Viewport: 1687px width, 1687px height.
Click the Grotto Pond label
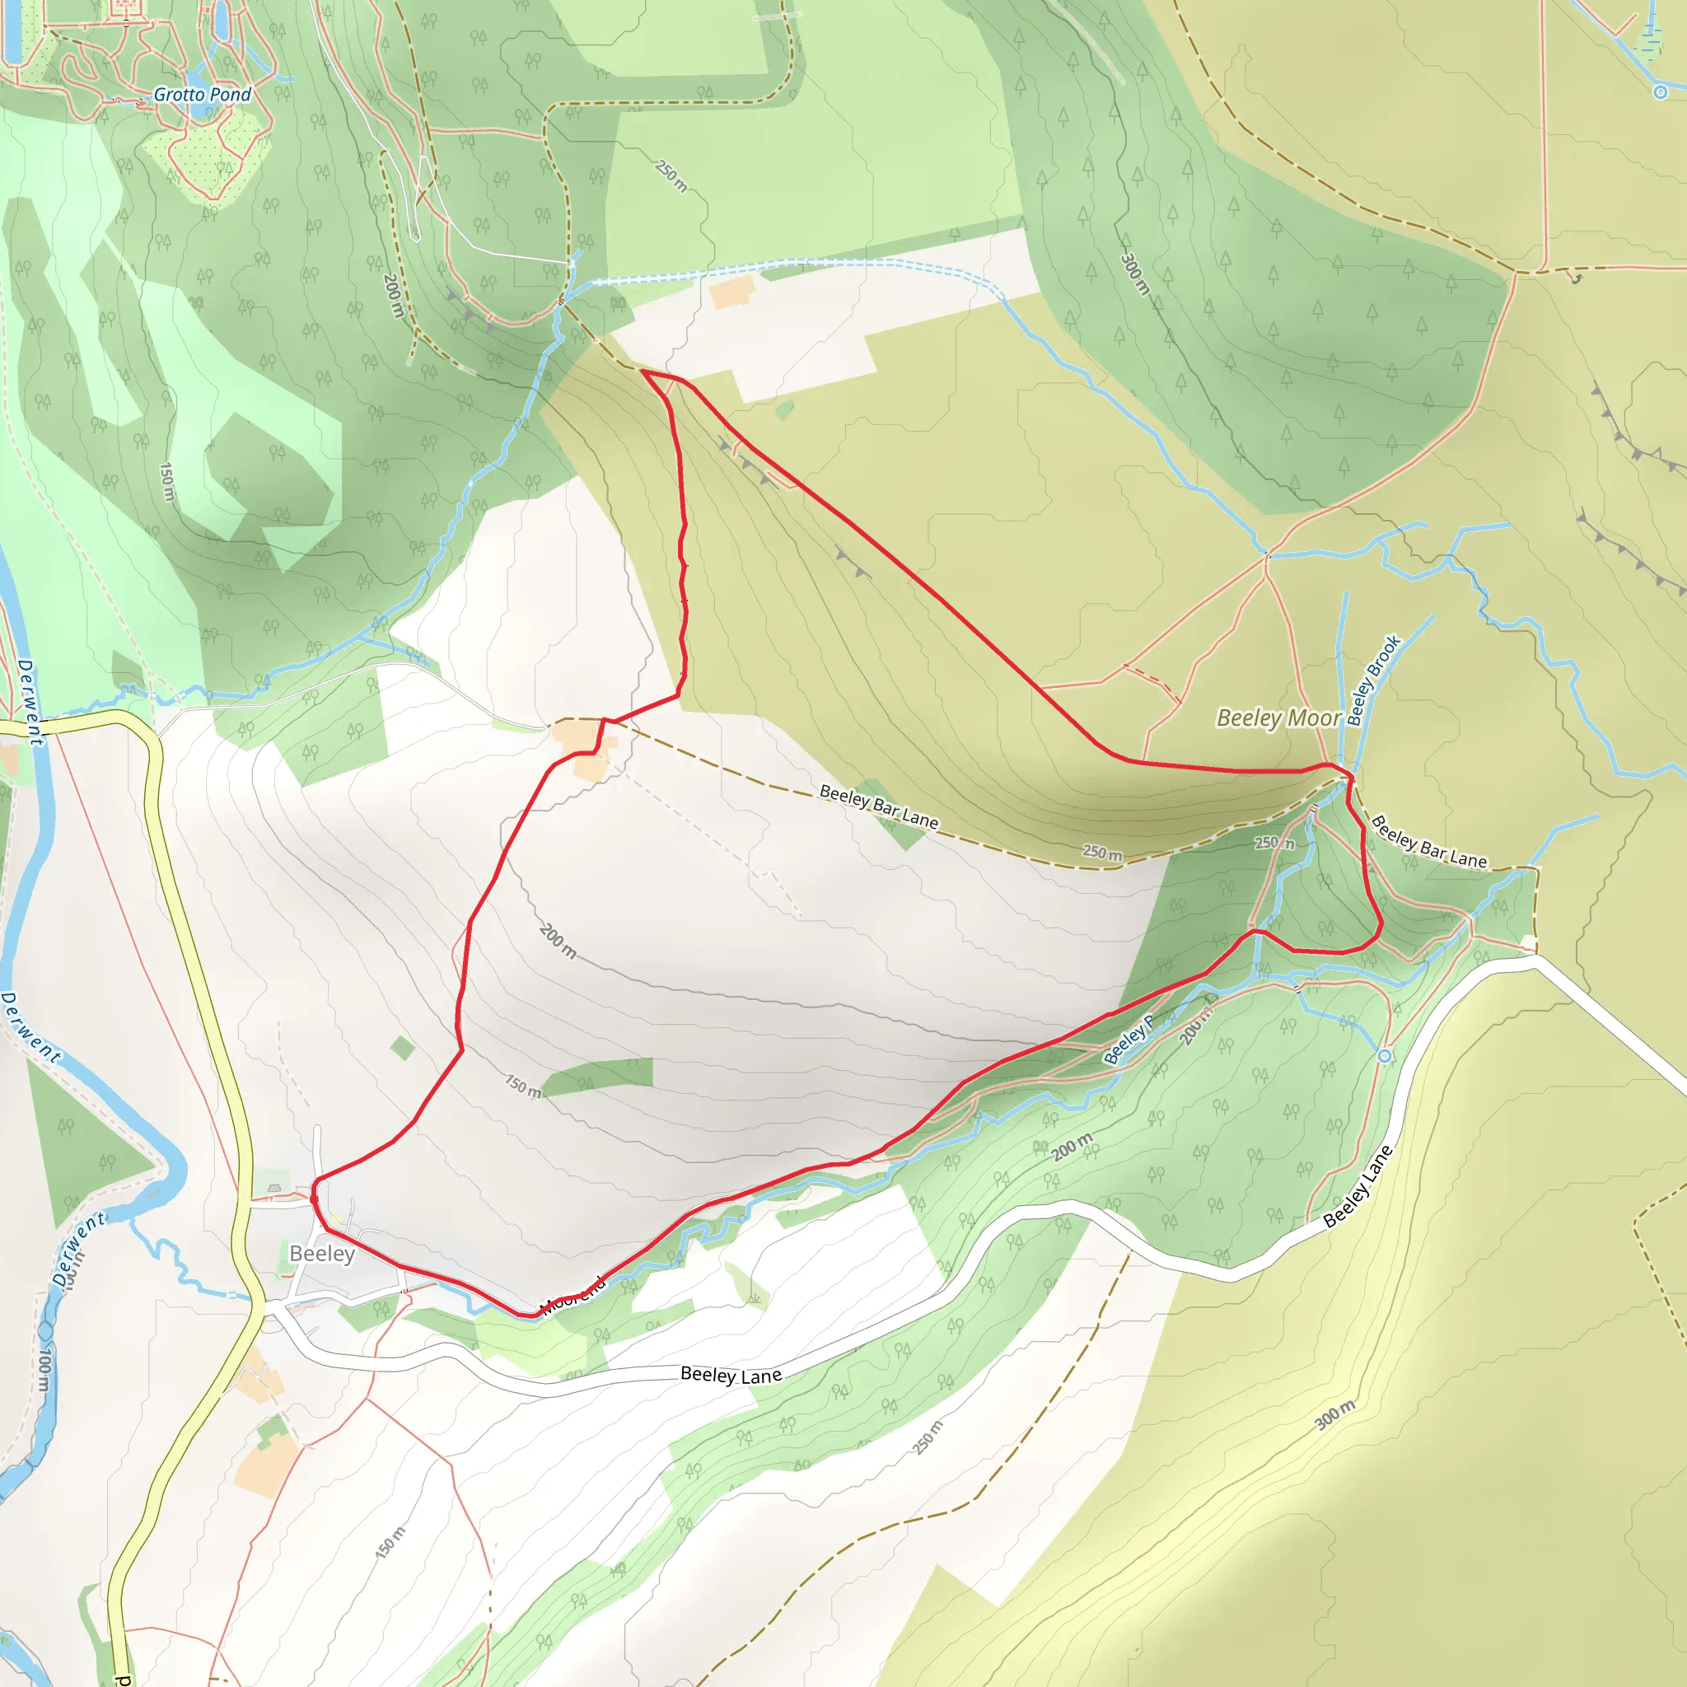(202, 94)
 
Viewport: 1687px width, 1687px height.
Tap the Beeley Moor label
(1278, 717)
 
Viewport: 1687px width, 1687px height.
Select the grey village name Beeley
(321, 1254)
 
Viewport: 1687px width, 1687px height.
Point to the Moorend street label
(572, 1296)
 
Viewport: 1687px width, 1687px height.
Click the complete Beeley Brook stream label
(1372, 680)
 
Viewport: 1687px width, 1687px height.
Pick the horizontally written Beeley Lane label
(731, 1376)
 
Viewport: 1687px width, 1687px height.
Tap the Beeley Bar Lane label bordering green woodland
(1428, 842)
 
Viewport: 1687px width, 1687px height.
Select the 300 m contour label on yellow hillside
(1335, 1414)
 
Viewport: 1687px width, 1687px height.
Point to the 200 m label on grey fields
(557, 941)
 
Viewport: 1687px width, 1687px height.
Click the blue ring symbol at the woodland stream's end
(1384, 1057)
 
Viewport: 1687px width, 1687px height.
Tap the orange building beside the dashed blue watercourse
(732, 292)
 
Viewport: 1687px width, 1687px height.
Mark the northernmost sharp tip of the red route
(643, 372)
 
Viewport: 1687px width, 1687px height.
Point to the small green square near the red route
(403, 1048)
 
